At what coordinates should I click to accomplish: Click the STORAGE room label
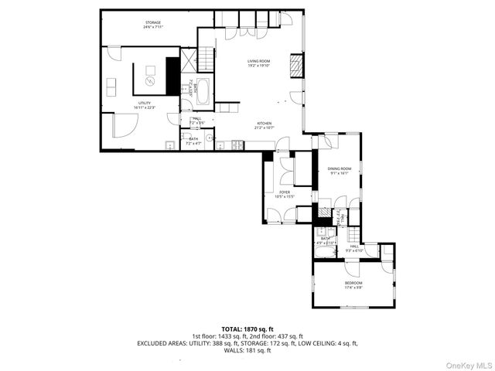pos(152,25)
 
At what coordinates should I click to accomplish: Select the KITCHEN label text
pos(265,124)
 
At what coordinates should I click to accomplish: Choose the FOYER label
pos(285,194)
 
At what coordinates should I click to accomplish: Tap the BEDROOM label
pos(353,285)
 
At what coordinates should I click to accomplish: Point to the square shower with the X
pos(188,66)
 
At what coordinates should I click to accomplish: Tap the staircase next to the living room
pos(207,60)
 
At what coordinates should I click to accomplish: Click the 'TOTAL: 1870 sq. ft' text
pos(247,328)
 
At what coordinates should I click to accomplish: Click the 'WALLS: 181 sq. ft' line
pos(247,350)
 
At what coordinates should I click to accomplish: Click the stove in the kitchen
pos(237,145)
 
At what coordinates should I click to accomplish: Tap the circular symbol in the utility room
pos(150,80)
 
